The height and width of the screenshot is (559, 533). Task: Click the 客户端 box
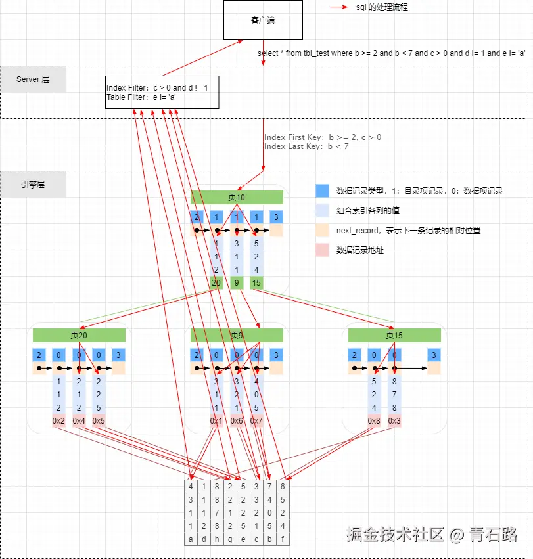click(263, 20)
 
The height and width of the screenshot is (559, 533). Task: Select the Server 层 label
click(33, 79)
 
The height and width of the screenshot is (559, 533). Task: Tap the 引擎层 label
click(33, 185)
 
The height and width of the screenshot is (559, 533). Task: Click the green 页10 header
click(237, 197)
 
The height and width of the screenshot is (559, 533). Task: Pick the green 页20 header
click(79, 335)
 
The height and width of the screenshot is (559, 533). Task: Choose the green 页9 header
click(237, 335)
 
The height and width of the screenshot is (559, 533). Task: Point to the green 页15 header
click(394, 335)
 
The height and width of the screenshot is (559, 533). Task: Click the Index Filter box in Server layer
click(162, 93)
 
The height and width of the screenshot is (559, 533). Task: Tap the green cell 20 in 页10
click(216, 283)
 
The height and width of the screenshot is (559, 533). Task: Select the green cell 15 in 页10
click(256, 283)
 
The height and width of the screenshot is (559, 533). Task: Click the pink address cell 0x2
click(58, 420)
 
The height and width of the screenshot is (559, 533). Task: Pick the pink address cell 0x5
click(99, 420)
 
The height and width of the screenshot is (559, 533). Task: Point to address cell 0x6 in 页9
click(237, 420)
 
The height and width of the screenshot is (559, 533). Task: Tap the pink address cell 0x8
click(374, 420)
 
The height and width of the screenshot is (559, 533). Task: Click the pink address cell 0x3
click(394, 420)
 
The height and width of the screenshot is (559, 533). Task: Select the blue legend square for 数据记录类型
click(322, 191)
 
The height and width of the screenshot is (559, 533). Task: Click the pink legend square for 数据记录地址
click(322, 250)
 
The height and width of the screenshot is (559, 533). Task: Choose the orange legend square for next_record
click(322, 231)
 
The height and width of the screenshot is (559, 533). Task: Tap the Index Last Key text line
click(306, 146)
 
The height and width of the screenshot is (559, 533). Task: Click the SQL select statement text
click(392, 53)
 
